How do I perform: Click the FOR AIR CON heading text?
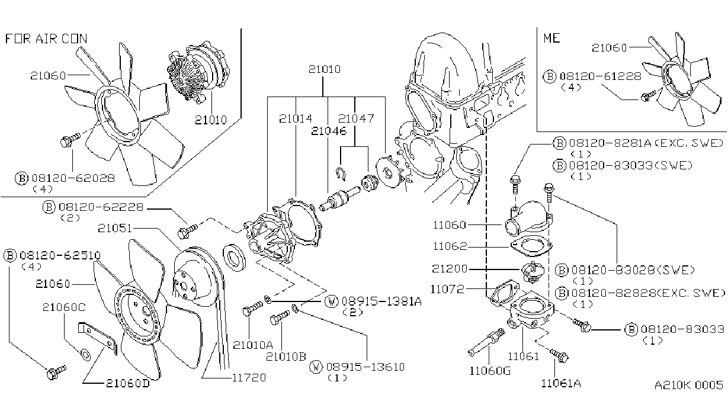pyautogui.click(x=46, y=38)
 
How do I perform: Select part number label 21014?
pyautogui.click(x=296, y=118)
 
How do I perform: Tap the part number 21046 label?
pyautogui.click(x=329, y=131)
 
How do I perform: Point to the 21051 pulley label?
pyautogui.click(x=115, y=229)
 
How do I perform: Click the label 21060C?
pyautogui.click(x=64, y=307)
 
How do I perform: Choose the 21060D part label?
pyautogui.click(x=128, y=383)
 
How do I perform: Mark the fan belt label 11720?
pyautogui.click(x=249, y=377)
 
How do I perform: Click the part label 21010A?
pyautogui.click(x=253, y=345)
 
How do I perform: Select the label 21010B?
pyautogui.click(x=286, y=357)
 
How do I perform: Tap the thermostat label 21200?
pyautogui.click(x=450, y=269)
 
